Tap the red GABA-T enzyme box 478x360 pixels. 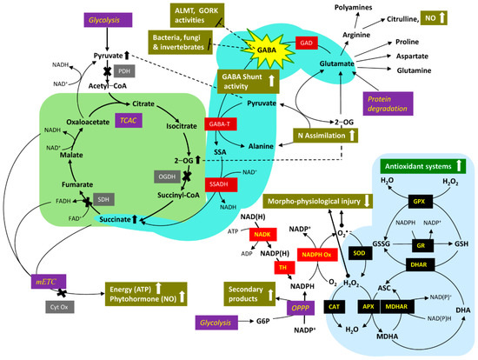pos(219,125)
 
